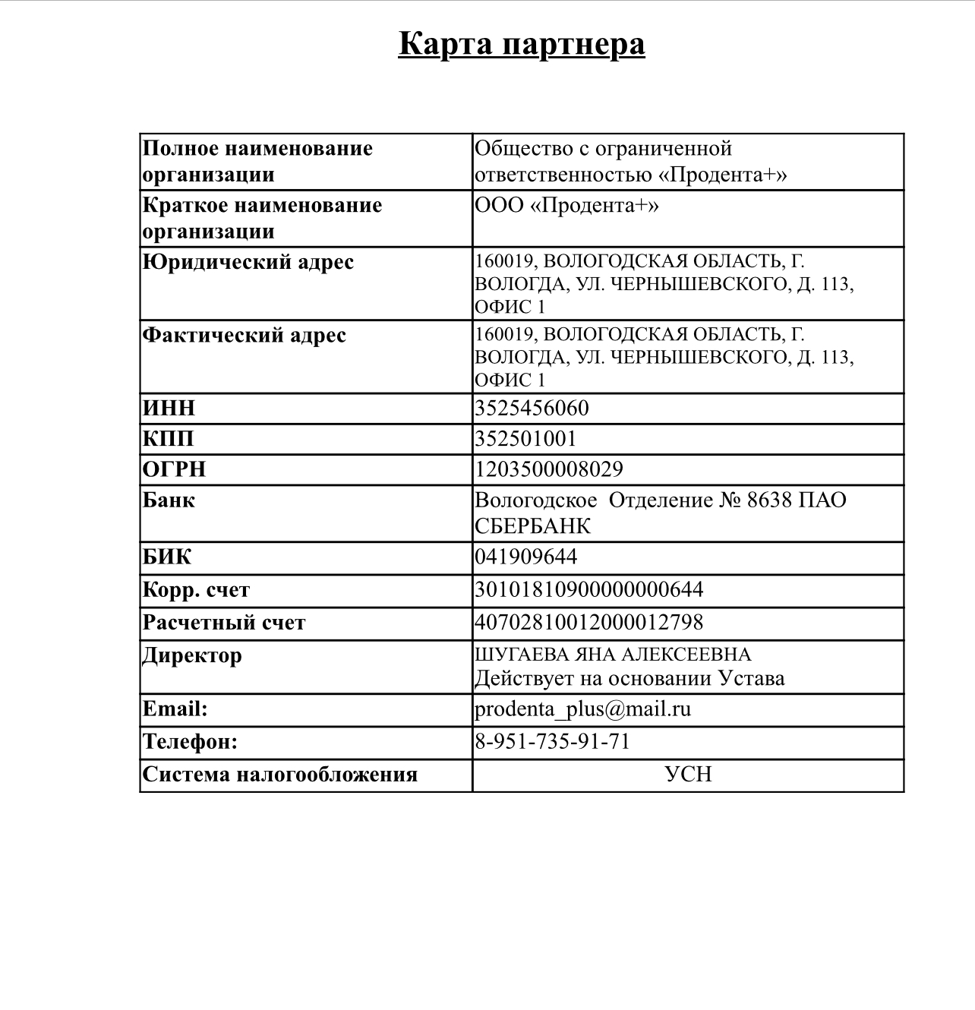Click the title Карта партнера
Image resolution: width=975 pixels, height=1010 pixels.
point(522,43)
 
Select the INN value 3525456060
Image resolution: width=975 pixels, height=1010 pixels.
point(532,409)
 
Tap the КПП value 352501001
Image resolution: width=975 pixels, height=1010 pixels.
point(525,439)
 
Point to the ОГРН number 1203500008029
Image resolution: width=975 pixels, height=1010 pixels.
point(549,469)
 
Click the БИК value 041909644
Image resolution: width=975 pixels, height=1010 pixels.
point(525,557)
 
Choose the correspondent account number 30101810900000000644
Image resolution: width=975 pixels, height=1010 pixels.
point(589,590)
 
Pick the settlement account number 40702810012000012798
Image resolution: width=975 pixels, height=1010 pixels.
point(589,623)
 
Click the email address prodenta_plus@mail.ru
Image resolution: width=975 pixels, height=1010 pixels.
point(582,709)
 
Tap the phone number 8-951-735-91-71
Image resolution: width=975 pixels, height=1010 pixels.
point(553,741)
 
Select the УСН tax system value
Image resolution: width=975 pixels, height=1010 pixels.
point(688,775)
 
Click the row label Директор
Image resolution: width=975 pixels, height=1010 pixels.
point(192,655)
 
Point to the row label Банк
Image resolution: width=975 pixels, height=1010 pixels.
point(169,500)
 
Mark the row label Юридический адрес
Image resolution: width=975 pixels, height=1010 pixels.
point(248,263)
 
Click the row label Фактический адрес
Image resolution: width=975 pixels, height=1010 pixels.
point(245,336)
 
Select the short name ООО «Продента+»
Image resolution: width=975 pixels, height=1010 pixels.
point(566,206)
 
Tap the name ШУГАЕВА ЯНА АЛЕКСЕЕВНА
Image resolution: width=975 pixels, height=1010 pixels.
point(613,655)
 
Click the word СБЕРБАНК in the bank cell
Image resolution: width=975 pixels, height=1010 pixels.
point(532,526)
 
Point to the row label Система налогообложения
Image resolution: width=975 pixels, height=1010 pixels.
point(280,775)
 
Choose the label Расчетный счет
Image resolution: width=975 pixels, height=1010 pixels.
point(224,623)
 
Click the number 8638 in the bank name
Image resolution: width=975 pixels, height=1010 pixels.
point(769,500)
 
